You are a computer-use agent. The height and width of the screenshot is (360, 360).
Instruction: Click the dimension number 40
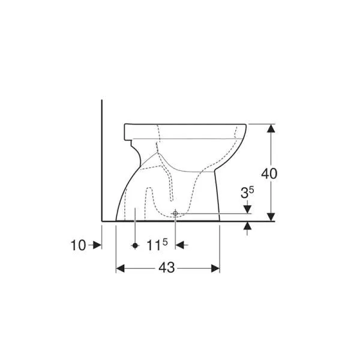[x=269, y=173]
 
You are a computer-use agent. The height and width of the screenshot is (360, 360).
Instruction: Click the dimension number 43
[x=167, y=268]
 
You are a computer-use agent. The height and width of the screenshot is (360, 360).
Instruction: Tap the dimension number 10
[x=78, y=245]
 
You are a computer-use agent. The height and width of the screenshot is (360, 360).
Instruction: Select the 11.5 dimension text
[x=157, y=245]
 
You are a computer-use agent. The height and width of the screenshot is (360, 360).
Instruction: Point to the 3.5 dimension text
[x=247, y=193]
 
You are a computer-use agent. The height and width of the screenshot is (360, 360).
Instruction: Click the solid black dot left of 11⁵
[x=135, y=245]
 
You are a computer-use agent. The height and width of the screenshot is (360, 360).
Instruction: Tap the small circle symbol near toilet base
[x=175, y=214]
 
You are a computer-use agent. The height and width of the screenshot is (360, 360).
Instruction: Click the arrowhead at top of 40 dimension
[x=271, y=128]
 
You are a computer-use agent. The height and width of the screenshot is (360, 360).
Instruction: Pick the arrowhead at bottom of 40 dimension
[x=271, y=217]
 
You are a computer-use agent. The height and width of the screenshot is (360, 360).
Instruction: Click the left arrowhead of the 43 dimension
[x=120, y=268]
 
